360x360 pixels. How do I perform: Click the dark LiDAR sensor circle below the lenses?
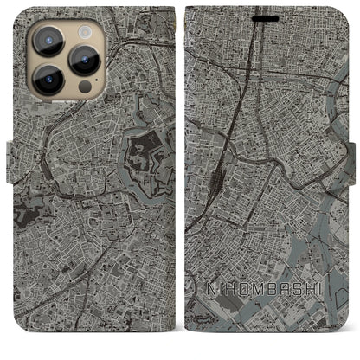83,88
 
